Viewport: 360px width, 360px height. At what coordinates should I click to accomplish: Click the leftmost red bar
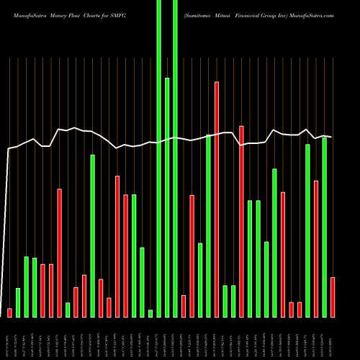(x=9, y=312)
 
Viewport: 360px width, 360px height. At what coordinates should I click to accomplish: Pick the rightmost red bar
(x=333, y=297)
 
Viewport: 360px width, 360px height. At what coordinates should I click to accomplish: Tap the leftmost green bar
(x=18, y=302)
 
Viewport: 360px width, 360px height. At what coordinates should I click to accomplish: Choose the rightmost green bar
(x=324, y=227)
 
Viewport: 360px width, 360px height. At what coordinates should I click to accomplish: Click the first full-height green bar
(x=158, y=158)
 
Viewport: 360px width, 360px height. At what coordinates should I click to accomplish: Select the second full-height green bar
(x=175, y=158)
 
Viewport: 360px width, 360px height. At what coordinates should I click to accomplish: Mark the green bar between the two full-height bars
(x=167, y=197)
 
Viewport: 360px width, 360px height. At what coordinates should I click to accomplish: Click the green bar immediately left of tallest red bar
(x=208, y=225)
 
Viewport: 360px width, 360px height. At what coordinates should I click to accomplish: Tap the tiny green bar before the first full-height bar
(x=150, y=313)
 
